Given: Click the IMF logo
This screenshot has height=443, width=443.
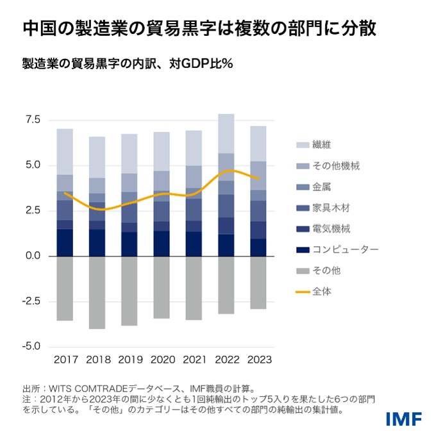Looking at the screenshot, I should [x=404, y=419].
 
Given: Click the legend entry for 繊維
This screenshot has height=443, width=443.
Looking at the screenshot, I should [x=321, y=146].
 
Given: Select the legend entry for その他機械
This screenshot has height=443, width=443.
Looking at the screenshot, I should [x=328, y=166].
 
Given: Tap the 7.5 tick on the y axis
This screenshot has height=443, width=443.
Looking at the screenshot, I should [x=33, y=120].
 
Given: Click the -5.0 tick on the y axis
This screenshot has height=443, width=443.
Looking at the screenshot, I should [x=31, y=347].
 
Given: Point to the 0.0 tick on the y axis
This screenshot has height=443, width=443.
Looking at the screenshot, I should [x=33, y=256].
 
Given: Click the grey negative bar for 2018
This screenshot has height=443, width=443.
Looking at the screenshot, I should [x=97, y=292].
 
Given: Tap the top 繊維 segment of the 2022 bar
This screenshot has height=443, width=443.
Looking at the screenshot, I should [x=226, y=133].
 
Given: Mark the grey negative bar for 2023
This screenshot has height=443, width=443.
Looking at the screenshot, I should [x=258, y=282].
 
